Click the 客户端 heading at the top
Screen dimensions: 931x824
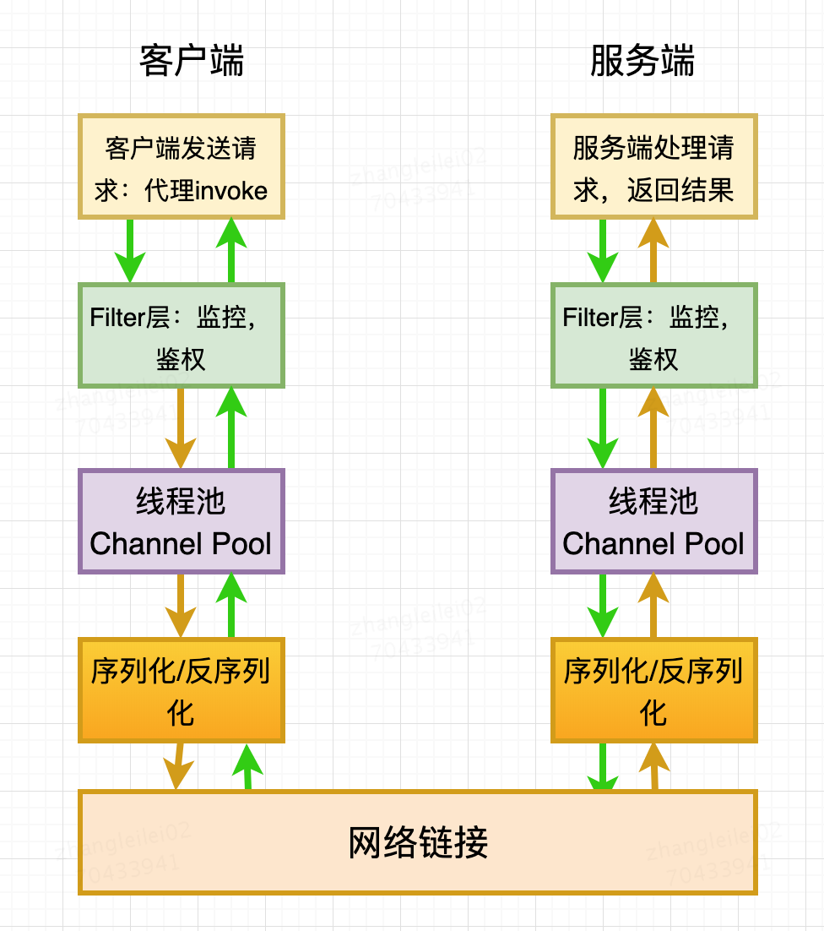tap(192, 62)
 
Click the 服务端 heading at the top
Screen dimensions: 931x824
tap(642, 62)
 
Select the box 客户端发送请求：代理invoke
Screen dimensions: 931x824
tap(182, 167)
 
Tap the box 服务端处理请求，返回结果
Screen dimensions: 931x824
tap(654, 167)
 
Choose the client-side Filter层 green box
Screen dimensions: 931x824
tap(182, 336)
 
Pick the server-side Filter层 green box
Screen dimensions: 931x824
tap(654, 336)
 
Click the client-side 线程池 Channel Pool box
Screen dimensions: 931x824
tap(182, 522)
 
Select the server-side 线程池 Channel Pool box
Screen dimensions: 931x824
tap(654, 522)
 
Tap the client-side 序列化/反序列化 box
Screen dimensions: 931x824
tap(182, 691)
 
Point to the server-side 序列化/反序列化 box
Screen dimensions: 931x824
tap(654, 691)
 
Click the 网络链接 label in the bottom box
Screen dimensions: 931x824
tap(418, 842)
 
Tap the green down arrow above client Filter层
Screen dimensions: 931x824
tap(130, 251)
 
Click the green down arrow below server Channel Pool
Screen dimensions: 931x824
tap(603, 606)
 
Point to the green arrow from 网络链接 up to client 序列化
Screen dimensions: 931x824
tap(247, 767)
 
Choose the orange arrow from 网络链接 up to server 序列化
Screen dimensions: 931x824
tap(654, 767)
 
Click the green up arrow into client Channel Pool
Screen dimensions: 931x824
tap(231, 606)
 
